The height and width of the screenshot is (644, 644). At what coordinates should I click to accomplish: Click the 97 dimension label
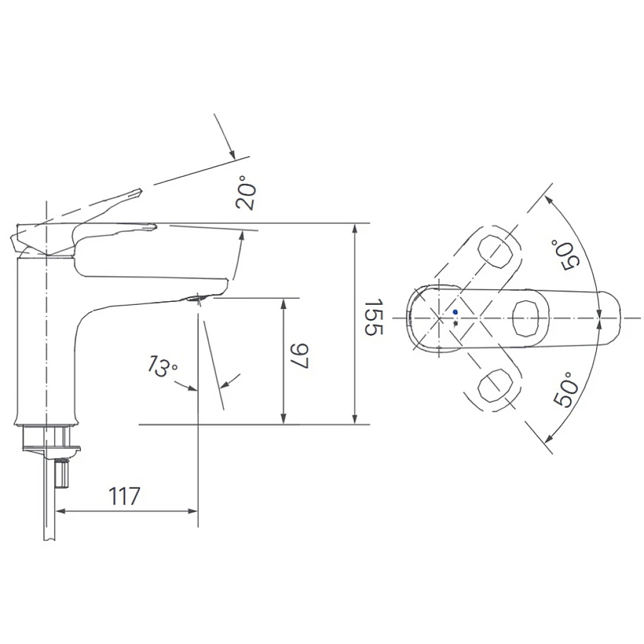(299, 356)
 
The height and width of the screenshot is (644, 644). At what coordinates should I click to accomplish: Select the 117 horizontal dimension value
(124, 495)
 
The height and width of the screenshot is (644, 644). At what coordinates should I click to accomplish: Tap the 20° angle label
(247, 194)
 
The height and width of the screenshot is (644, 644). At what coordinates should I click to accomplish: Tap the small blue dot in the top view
(455, 312)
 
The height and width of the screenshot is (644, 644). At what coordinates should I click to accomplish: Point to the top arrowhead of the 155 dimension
(355, 228)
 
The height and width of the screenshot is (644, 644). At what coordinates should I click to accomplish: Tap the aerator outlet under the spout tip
(196, 297)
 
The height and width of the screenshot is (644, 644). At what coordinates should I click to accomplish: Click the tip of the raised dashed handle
(140, 191)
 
